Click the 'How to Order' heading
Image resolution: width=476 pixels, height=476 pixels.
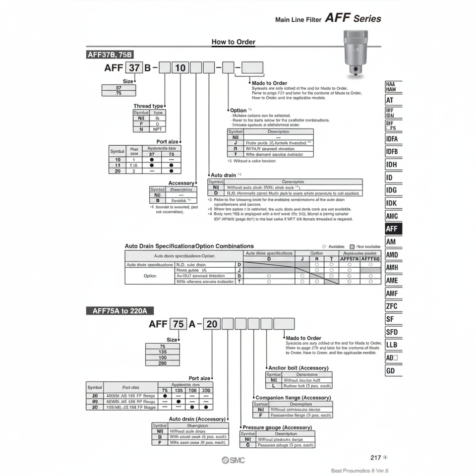(x=234, y=42)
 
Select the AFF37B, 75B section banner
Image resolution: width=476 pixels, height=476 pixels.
(x=110, y=55)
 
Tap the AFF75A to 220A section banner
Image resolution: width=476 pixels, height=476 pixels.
(x=120, y=311)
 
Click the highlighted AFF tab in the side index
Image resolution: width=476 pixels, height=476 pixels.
(x=393, y=229)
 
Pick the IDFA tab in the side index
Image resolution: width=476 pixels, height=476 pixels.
(x=393, y=139)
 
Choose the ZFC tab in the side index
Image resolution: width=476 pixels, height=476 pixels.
(x=393, y=306)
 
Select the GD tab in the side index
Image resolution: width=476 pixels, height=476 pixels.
(x=393, y=371)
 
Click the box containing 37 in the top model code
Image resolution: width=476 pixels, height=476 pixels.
(x=133, y=67)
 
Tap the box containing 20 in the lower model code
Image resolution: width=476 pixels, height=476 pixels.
(x=211, y=324)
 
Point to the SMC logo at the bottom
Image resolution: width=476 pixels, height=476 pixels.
(x=233, y=460)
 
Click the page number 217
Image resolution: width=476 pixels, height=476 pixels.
(x=376, y=458)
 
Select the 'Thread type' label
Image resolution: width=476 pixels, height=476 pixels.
(x=148, y=106)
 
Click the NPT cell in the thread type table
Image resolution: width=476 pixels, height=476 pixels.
(x=157, y=129)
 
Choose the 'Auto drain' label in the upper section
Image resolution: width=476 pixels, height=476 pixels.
(x=225, y=175)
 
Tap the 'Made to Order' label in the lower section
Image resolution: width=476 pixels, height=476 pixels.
(x=303, y=338)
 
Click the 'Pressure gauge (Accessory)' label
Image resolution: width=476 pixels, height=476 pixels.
(x=277, y=427)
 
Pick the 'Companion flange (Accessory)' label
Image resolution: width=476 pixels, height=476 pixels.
(x=293, y=398)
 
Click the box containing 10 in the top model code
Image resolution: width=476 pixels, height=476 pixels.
(x=179, y=67)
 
